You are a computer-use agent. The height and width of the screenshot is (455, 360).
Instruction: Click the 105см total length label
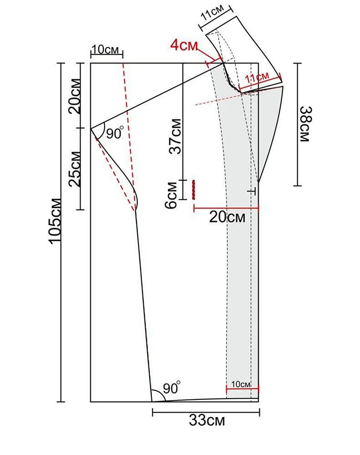56,221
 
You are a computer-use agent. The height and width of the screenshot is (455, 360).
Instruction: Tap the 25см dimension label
75,169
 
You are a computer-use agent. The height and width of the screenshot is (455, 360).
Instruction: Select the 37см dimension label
176,136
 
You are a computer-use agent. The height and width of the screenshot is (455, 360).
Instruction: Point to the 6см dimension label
171,195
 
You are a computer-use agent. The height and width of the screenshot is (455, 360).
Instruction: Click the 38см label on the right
305,124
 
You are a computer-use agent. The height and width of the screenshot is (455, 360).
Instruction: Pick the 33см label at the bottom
207,420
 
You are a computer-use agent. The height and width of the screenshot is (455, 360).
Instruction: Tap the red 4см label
184,45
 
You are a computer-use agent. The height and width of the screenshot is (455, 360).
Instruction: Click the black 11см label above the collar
213,13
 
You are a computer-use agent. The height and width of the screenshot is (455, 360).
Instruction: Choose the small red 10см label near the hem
241,384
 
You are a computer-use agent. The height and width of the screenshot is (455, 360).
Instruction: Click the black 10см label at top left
106,50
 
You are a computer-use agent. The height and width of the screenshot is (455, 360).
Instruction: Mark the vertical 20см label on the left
75,96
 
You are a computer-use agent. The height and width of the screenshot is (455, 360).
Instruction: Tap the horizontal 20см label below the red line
227,217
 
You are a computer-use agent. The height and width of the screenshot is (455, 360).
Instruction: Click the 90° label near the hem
172,388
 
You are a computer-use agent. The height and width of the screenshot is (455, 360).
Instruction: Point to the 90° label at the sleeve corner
115,133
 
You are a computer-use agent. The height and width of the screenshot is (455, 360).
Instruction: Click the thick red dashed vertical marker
193,189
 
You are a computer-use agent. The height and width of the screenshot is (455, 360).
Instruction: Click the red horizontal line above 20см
226,208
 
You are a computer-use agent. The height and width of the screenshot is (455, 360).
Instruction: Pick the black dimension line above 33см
206,412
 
